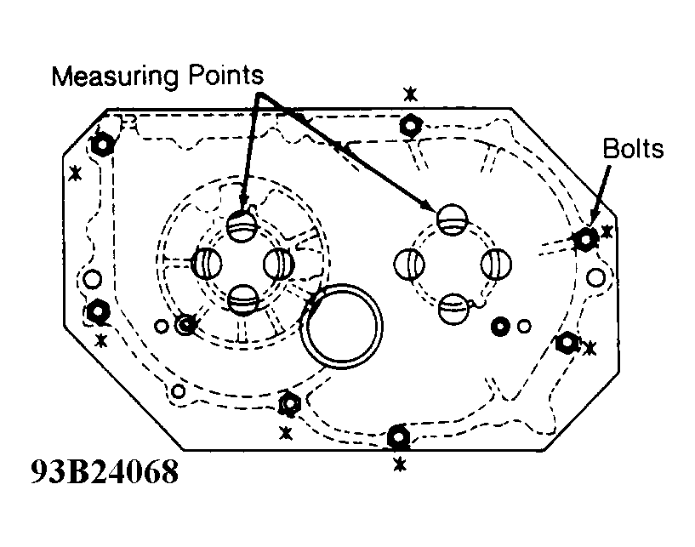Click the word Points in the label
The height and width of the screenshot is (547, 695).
pyautogui.click(x=226, y=75)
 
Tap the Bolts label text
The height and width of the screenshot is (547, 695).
pyautogui.click(x=633, y=149)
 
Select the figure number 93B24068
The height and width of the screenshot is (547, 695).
pyautogui.click(x=105, y=471)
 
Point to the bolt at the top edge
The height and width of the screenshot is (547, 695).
pyautogui.click(x=410, y=126)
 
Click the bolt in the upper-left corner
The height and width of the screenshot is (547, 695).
pyautogui.click(x=102, y=145)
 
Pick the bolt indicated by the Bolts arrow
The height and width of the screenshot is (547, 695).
pyautogui.click(x=586, y=239)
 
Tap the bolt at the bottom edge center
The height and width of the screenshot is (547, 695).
pyautogui.click(x=398, y=437)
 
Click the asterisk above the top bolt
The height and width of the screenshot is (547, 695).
pyautogui.click(x=410, y=94)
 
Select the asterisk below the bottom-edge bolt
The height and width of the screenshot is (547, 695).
pyautogui.click(x=400, y=464)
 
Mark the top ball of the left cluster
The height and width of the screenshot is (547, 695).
pyautogui.click(x=242, y=225)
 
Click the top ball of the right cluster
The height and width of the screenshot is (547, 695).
pyautogui.click(x=452, y=219)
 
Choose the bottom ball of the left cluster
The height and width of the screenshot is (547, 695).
pyautogui.click(x=243, y=300)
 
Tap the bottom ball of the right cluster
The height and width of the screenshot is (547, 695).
pyautogui.click(x=453, y=309)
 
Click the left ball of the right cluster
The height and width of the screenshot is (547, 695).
pyautogui.click(x=409, y=265)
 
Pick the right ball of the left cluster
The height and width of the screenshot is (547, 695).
pyautogui.click(x=278, y=264)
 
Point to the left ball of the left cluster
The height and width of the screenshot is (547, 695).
pyautogui.click(x=207, y=264)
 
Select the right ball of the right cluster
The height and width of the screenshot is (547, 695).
pyautogui.click(x=496, y=265)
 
